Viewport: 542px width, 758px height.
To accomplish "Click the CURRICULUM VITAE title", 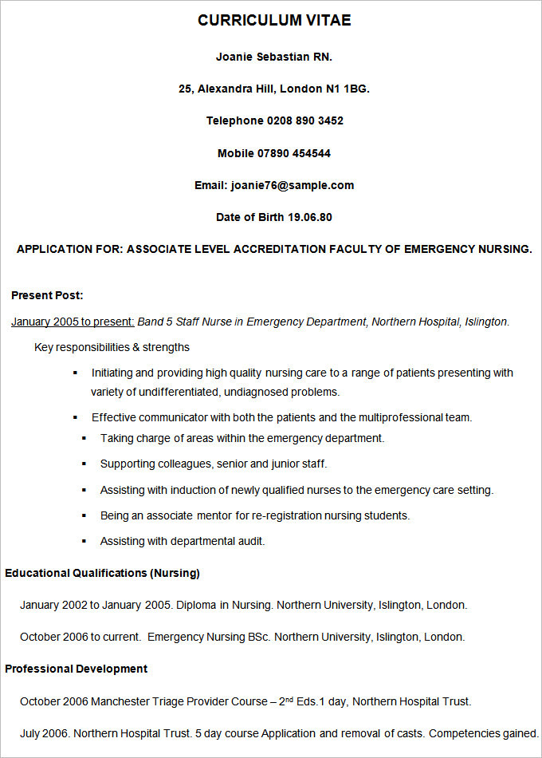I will point(274,21).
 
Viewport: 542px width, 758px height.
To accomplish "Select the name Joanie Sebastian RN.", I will point(274,57).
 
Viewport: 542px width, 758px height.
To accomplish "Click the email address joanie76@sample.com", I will point(293,185).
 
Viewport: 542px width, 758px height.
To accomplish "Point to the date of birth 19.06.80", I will point(310,217).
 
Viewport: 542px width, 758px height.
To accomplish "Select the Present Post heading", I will point(47,295).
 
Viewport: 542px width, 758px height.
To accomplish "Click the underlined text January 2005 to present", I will point(73,322).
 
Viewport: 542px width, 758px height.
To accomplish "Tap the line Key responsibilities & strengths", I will point(112,347).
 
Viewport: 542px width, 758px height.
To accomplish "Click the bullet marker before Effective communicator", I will point(75,417).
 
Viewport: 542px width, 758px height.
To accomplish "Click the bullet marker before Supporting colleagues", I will point(84,464).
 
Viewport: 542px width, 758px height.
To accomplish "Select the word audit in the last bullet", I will point(249,541).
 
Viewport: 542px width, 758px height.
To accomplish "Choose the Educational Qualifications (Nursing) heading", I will point(102,573).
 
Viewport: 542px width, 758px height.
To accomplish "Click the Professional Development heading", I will point(76,669).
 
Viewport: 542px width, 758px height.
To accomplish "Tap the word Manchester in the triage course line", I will point(120,701).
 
